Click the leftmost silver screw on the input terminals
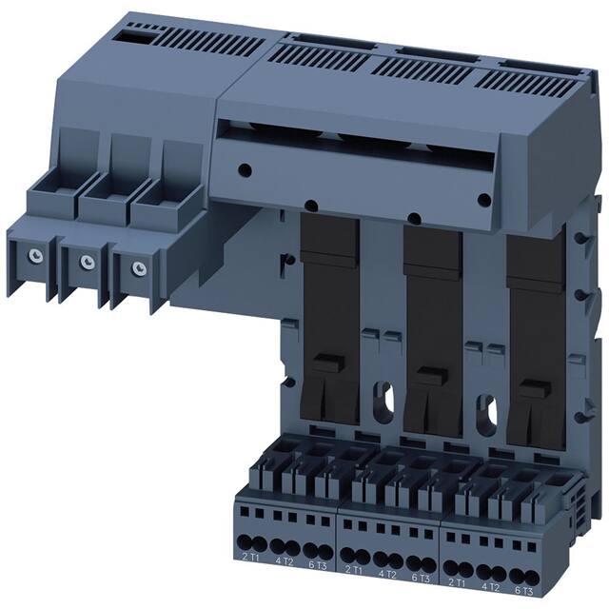(34, 254)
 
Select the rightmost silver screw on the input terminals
(139, 267)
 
